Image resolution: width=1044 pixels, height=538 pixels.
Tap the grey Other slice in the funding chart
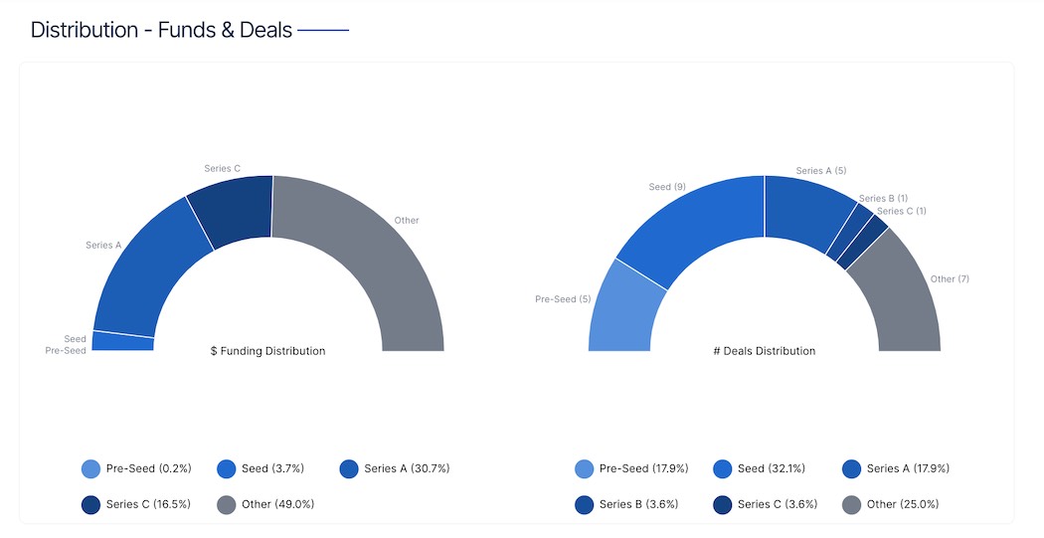click(383, 259)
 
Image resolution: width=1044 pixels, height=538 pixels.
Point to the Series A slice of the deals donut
click(803, 214)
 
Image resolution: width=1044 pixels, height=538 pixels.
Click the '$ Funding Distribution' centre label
click(267, 351)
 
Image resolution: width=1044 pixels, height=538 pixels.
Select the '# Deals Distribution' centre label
click(765, 351)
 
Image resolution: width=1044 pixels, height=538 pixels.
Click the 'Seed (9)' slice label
click(666, 187)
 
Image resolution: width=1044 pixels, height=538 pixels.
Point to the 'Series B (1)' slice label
click(883, 199)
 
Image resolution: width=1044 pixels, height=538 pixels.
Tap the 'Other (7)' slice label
click(950, 279)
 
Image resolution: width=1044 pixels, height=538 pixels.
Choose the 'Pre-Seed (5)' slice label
click(563, 299)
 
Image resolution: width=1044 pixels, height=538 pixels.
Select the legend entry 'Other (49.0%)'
click(277, 504)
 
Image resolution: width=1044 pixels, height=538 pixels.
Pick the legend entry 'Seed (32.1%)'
click(771, 468)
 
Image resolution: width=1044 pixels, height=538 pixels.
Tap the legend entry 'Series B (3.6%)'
click(638, 504)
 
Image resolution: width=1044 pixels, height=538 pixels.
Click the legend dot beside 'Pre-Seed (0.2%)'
click(90, 468)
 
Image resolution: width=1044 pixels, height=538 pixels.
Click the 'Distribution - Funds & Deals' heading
click(161, 30)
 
